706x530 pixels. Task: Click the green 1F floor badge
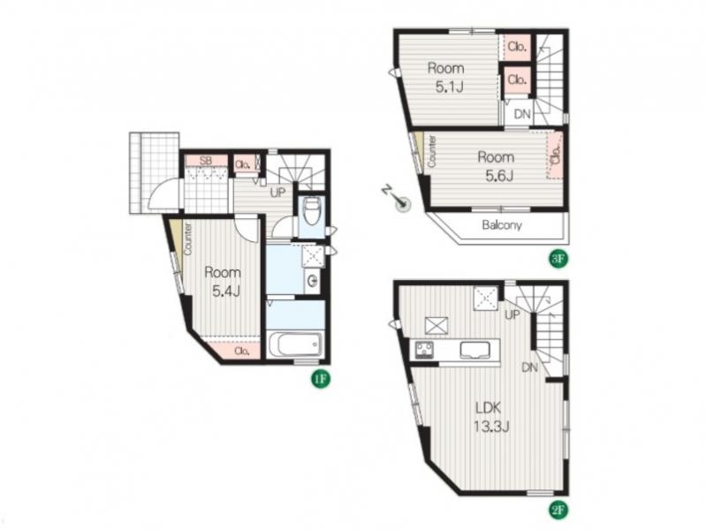tap(320, 379)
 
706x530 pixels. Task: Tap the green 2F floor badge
tap(558, 511)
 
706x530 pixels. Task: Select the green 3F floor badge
tap(558, 259)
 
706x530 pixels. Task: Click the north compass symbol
tap(397, 200)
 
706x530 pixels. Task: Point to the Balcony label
tap(502, 224)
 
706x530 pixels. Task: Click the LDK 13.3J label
tap(490, 417)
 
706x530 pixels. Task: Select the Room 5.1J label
tap(445, 77)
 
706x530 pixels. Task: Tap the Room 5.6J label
tap(497, 166)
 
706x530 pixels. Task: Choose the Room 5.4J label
tap(223, 282)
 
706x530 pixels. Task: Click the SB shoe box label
tap(206, 161)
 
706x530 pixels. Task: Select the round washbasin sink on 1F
tap(313, 282)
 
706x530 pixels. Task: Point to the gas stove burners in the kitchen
tap(425, 350)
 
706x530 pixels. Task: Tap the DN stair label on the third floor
tap(522, 114)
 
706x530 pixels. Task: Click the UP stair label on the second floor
tap(512, 314)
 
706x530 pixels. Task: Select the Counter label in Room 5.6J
tap(431, 152)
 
